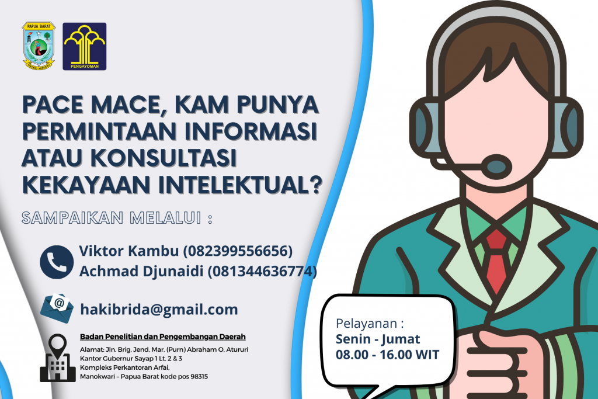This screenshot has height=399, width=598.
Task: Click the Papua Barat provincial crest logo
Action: [x=39, y=46]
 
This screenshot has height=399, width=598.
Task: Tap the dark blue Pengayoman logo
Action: [x=84, y=46]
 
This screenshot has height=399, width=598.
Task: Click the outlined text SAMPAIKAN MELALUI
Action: [x=112, y=218]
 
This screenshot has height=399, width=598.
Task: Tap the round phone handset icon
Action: [x=57, y=262]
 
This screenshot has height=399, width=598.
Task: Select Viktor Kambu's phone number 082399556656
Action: [x=238, y=251]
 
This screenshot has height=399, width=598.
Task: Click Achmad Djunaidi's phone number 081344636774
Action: [x=262, y=271]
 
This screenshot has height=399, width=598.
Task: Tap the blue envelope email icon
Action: [x=57, y=308]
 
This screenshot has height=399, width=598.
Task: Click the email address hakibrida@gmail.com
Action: [x=159, y=310]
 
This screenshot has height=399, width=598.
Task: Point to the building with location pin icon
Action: [x=58, y=358]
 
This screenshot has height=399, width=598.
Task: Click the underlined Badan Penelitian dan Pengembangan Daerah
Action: [x=163, y=337]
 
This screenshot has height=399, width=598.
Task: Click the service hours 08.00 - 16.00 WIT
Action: [x=388, y=355]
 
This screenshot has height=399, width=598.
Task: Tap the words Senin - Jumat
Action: [x=378, y=339]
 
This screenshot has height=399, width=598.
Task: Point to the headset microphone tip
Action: [x=496, y=166]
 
